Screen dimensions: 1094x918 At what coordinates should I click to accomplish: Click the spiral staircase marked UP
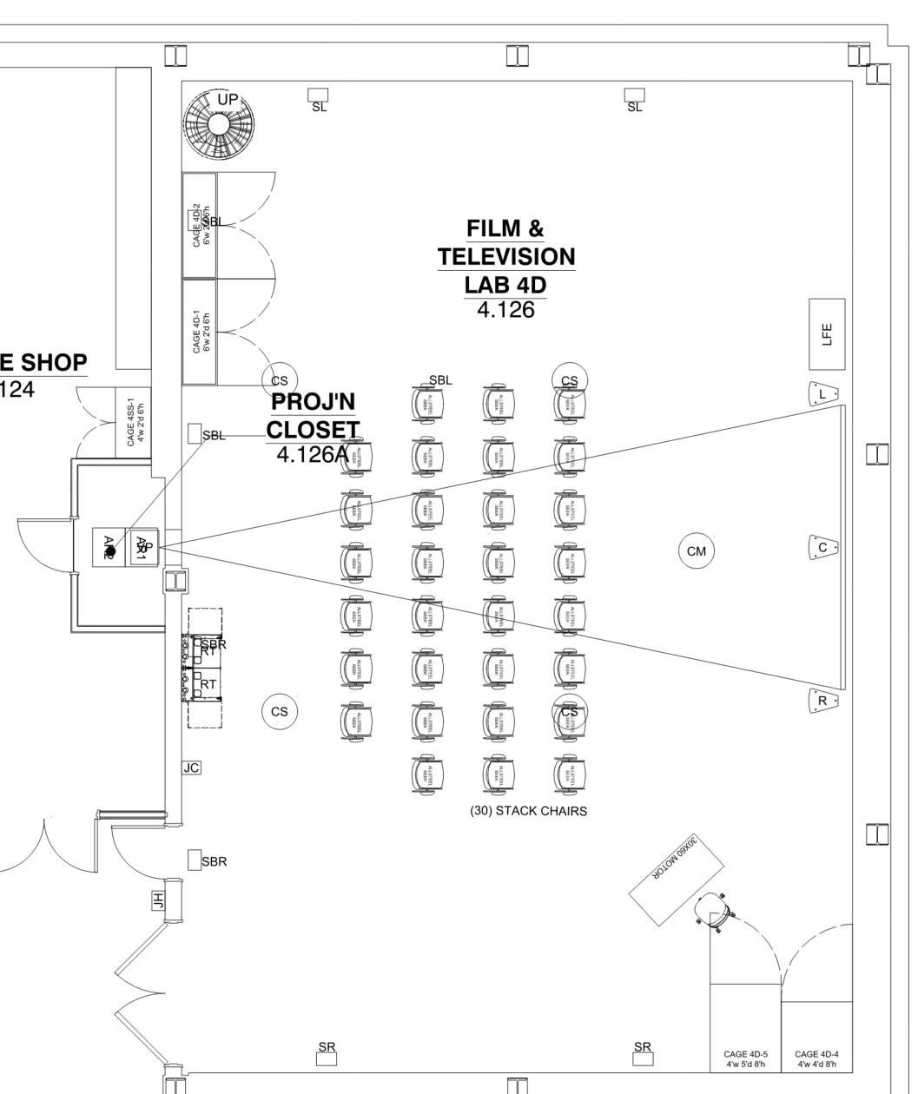point(218,124)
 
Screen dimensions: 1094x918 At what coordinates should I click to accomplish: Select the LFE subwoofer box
point(827,334)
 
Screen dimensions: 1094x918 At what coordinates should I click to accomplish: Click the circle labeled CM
point(696,551)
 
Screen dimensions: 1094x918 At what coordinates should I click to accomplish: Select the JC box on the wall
point(192,768)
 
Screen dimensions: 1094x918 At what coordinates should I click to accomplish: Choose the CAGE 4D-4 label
point(816,1058)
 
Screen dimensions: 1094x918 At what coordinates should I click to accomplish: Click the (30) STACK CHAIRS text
point(528,811)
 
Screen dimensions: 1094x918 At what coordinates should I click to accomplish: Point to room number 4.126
point(505,310)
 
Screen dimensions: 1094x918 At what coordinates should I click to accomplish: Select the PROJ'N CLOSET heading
point(313,415)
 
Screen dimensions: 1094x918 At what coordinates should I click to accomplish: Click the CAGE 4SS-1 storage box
point(134,422)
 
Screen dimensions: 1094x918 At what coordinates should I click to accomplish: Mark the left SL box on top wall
point(319,94)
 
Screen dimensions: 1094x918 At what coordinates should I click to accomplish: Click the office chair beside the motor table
point(715,911)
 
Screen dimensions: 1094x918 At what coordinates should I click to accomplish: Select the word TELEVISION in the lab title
point(505,257)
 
